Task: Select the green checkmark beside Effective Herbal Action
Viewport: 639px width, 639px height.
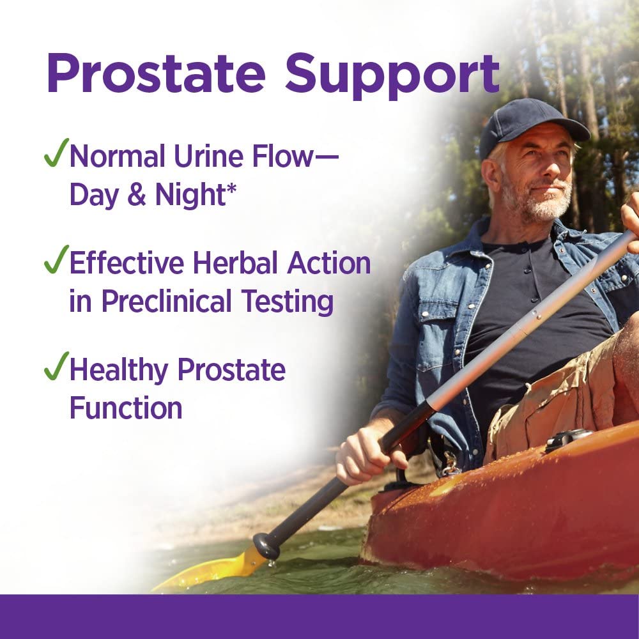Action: click(x=55, y=262)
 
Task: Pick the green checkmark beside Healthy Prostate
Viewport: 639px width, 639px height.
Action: click(x=55, y=369)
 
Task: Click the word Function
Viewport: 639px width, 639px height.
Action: click(x=126, y=407)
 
